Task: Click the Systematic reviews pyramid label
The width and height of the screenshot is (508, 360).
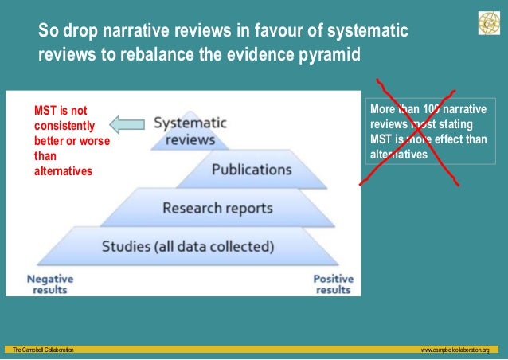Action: point(190,131)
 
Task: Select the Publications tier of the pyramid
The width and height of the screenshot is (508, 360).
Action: point(251,170)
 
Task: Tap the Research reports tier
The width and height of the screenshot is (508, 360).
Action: point(217,209)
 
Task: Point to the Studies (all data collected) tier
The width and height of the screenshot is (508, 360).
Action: point(188,246)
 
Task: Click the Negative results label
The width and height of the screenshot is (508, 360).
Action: point(50,284)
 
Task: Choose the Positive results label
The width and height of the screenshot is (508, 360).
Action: point(333,284)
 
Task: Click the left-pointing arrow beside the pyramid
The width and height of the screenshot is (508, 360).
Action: point(127,123)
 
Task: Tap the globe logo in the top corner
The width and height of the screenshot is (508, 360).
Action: point(487,24)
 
